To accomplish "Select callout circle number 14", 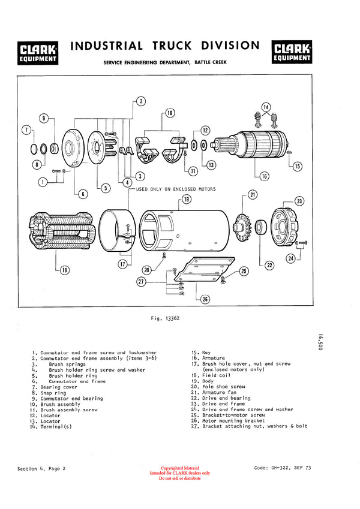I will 266,107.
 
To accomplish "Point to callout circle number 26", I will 205,299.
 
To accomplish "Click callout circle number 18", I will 64,270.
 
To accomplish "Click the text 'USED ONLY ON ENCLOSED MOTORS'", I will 176,189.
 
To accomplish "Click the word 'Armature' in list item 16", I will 214,358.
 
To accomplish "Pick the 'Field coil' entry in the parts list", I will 216,375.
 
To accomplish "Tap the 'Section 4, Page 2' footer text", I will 41,468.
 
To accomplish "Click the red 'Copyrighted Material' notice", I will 180,468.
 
